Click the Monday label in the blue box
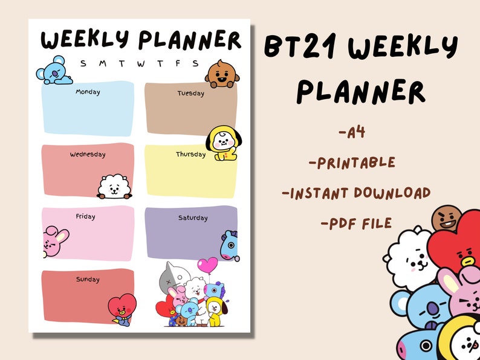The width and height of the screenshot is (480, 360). click(88, 92)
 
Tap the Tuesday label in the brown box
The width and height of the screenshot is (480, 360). click(190, 94)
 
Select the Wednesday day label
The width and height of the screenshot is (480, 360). click(88, 155)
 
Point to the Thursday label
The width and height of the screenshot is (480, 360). click(190, 155)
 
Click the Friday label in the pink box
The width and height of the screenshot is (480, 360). click(86, 216)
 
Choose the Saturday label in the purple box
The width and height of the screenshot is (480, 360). click(192, 218)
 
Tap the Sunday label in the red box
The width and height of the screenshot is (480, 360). click(88, 280)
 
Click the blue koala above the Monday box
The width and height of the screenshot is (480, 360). click(54, 71)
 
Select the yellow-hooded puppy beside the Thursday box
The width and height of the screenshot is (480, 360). click(221, 143)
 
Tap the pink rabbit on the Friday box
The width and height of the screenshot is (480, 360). click(54, 241)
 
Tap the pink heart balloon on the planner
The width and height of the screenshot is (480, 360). click(207, 265)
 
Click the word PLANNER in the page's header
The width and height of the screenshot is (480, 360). click(189, 40)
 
